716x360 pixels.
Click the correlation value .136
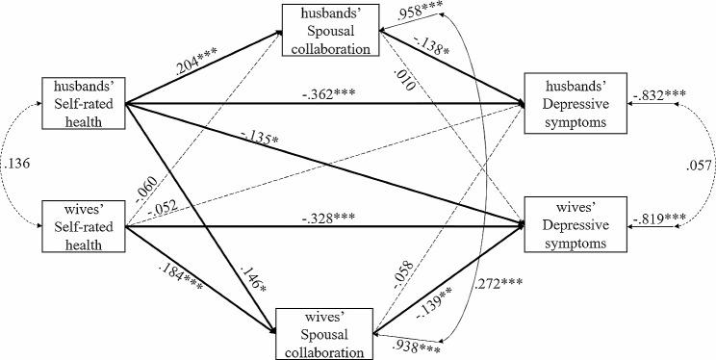click(x=16, y=163)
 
